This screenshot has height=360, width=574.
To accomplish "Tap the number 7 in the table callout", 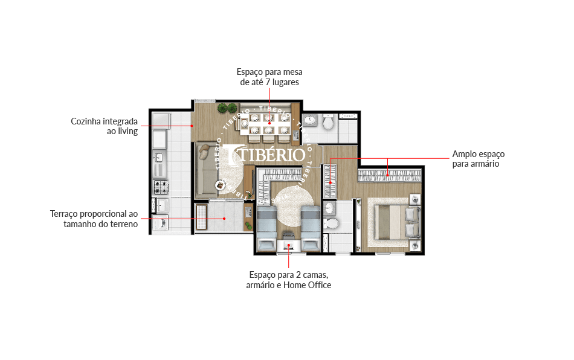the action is pos(268,82).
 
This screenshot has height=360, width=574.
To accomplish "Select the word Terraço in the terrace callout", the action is pos(63,214).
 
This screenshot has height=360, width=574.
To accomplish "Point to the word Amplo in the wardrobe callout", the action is pos(463,154).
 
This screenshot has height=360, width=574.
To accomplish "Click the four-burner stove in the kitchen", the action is pos(161,187).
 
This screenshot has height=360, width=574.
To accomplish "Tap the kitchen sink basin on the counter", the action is pos(159,157).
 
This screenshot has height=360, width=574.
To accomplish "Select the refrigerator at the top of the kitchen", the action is pos(161,121).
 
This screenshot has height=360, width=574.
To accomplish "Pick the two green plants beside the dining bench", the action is pos(227,108).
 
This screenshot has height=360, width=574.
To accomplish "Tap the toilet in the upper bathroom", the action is pos(328,122).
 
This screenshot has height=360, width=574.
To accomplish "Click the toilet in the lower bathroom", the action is pos(332,223).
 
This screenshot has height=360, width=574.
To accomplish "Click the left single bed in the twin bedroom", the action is pos(266,228).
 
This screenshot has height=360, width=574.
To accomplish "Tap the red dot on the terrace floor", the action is pos(224,219).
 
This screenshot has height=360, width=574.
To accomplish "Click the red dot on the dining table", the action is pos(269,123).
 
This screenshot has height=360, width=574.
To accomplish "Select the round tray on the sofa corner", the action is pos(221,184).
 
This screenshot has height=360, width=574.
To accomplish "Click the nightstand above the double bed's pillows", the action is pos(415,199).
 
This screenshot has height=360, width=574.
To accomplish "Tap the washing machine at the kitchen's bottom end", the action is pos(160,223).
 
